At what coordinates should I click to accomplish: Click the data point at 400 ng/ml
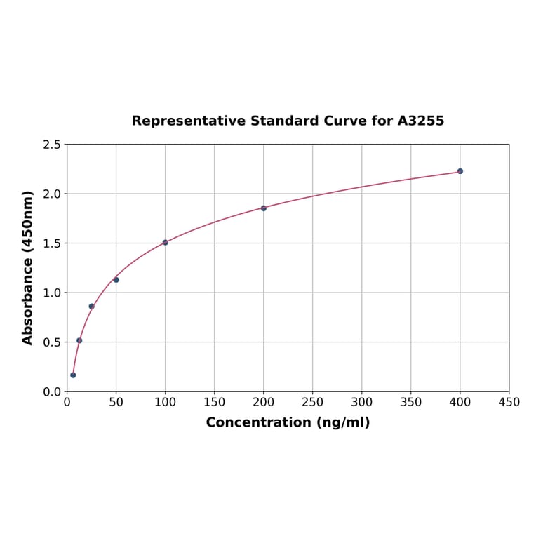point(460,171)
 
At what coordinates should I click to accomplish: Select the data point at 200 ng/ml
point(264,208)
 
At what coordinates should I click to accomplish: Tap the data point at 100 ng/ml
point(166,243)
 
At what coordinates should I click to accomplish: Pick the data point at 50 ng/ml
point(116,280)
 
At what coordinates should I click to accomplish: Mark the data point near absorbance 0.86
point(91,307)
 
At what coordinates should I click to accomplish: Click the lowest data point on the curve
point(73,375)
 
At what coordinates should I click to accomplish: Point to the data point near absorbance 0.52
point(79,341)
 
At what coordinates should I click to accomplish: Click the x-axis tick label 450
point(509,403)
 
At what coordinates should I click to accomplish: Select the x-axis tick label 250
point(313,403)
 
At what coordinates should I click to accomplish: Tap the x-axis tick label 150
point(215,403)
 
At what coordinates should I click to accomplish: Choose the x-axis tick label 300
point(362,403)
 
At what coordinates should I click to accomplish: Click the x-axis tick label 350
point(411,403)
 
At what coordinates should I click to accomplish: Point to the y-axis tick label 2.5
point(52,145)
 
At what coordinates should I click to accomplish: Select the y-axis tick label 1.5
point(52,243)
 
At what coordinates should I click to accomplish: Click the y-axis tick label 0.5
point(52,342)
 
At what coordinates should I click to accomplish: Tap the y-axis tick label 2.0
point(52,194)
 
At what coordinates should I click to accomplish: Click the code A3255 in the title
point(420,121)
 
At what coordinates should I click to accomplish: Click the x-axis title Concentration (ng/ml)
point(288,423)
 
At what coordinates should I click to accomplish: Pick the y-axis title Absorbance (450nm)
point(28,267)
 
